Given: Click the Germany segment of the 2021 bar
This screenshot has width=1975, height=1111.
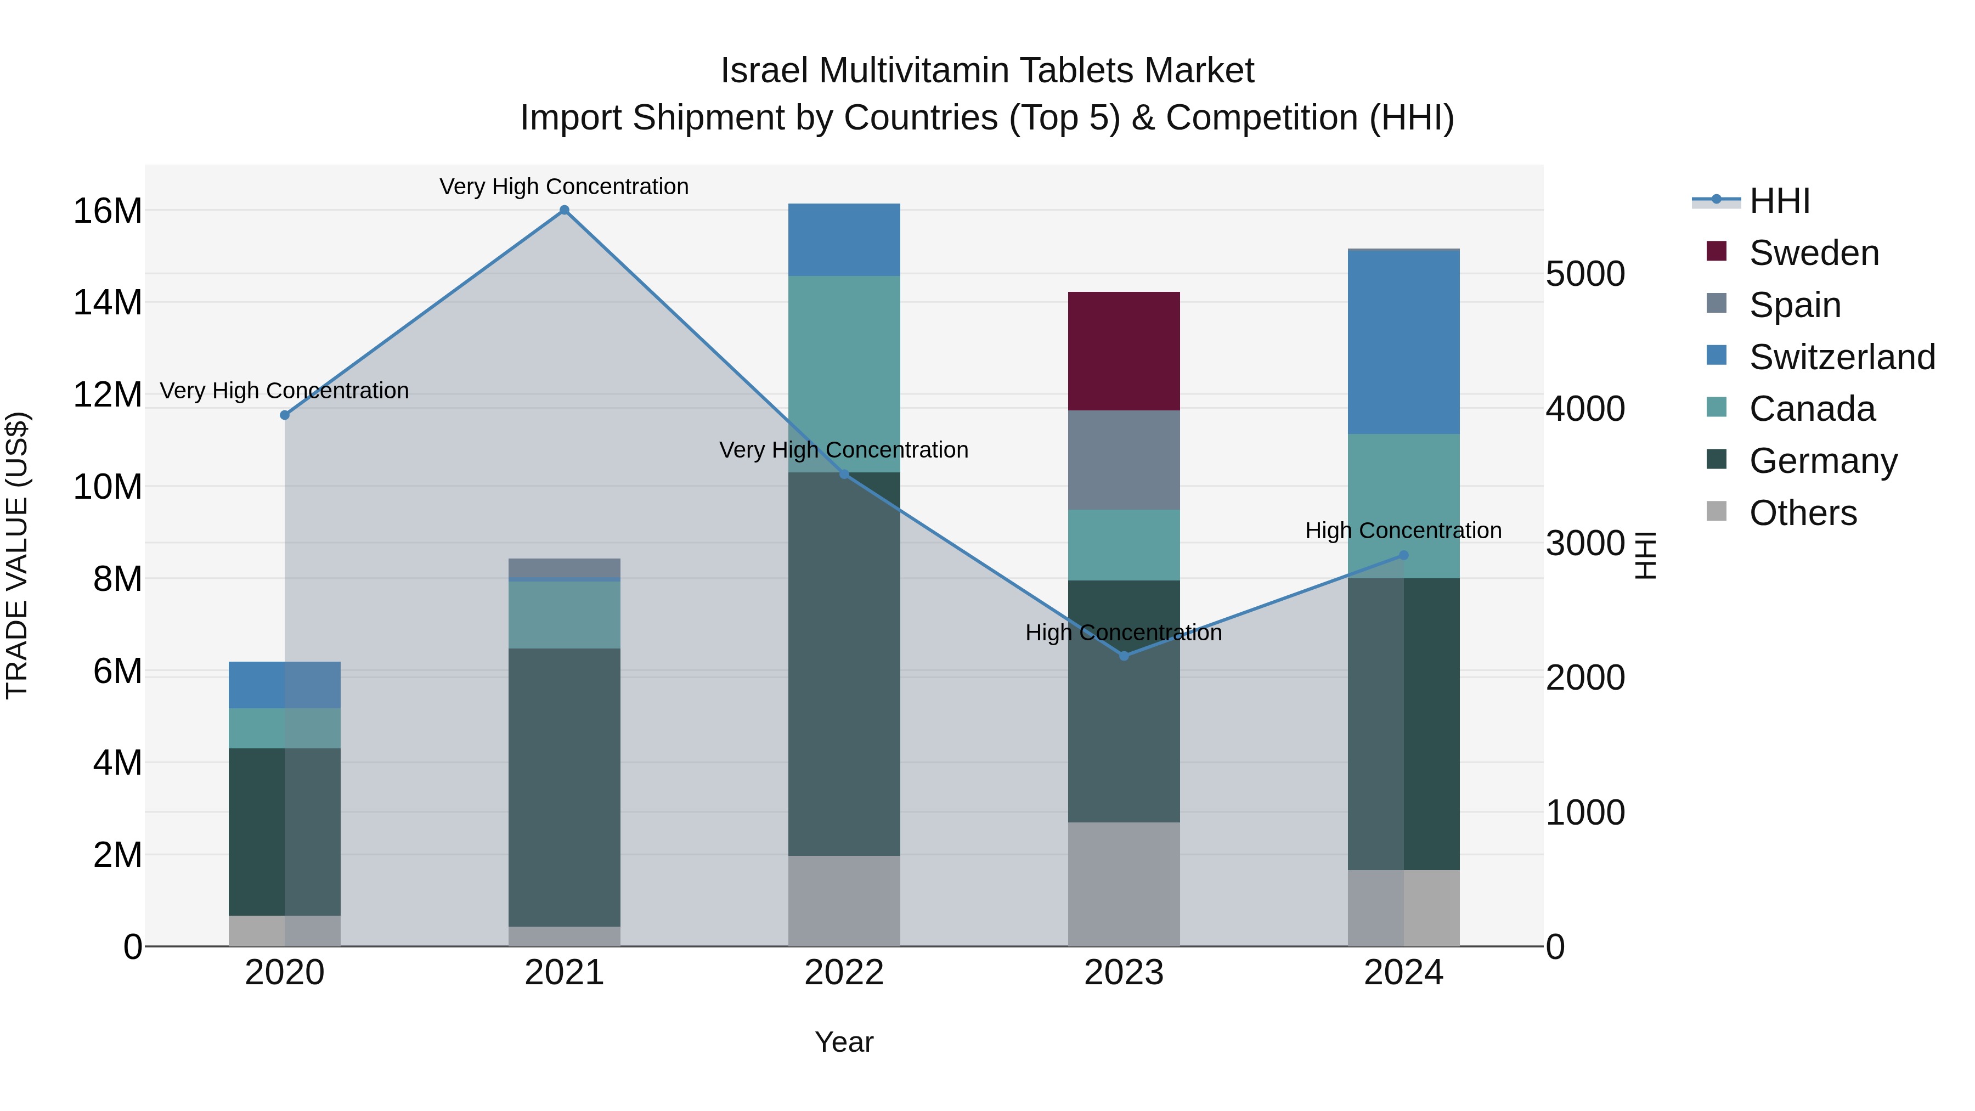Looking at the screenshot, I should pos(565,787).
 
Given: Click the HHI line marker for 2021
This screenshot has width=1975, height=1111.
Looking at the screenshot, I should pos(565,210).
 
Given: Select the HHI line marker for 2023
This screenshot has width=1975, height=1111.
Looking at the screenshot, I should pos(1124,656).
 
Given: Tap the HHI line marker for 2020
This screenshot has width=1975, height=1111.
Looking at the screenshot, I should pos(284,415).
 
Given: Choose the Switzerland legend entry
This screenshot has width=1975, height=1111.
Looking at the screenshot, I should pos(1842,357).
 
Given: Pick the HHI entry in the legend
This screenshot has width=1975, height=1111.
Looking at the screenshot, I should pos(1779,201).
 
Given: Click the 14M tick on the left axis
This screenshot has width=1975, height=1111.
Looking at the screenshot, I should pos(108,303).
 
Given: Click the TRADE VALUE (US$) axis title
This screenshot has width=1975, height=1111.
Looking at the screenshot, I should pos(17,555).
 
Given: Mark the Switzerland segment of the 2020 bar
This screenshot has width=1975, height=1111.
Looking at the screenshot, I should pos(284,685).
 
